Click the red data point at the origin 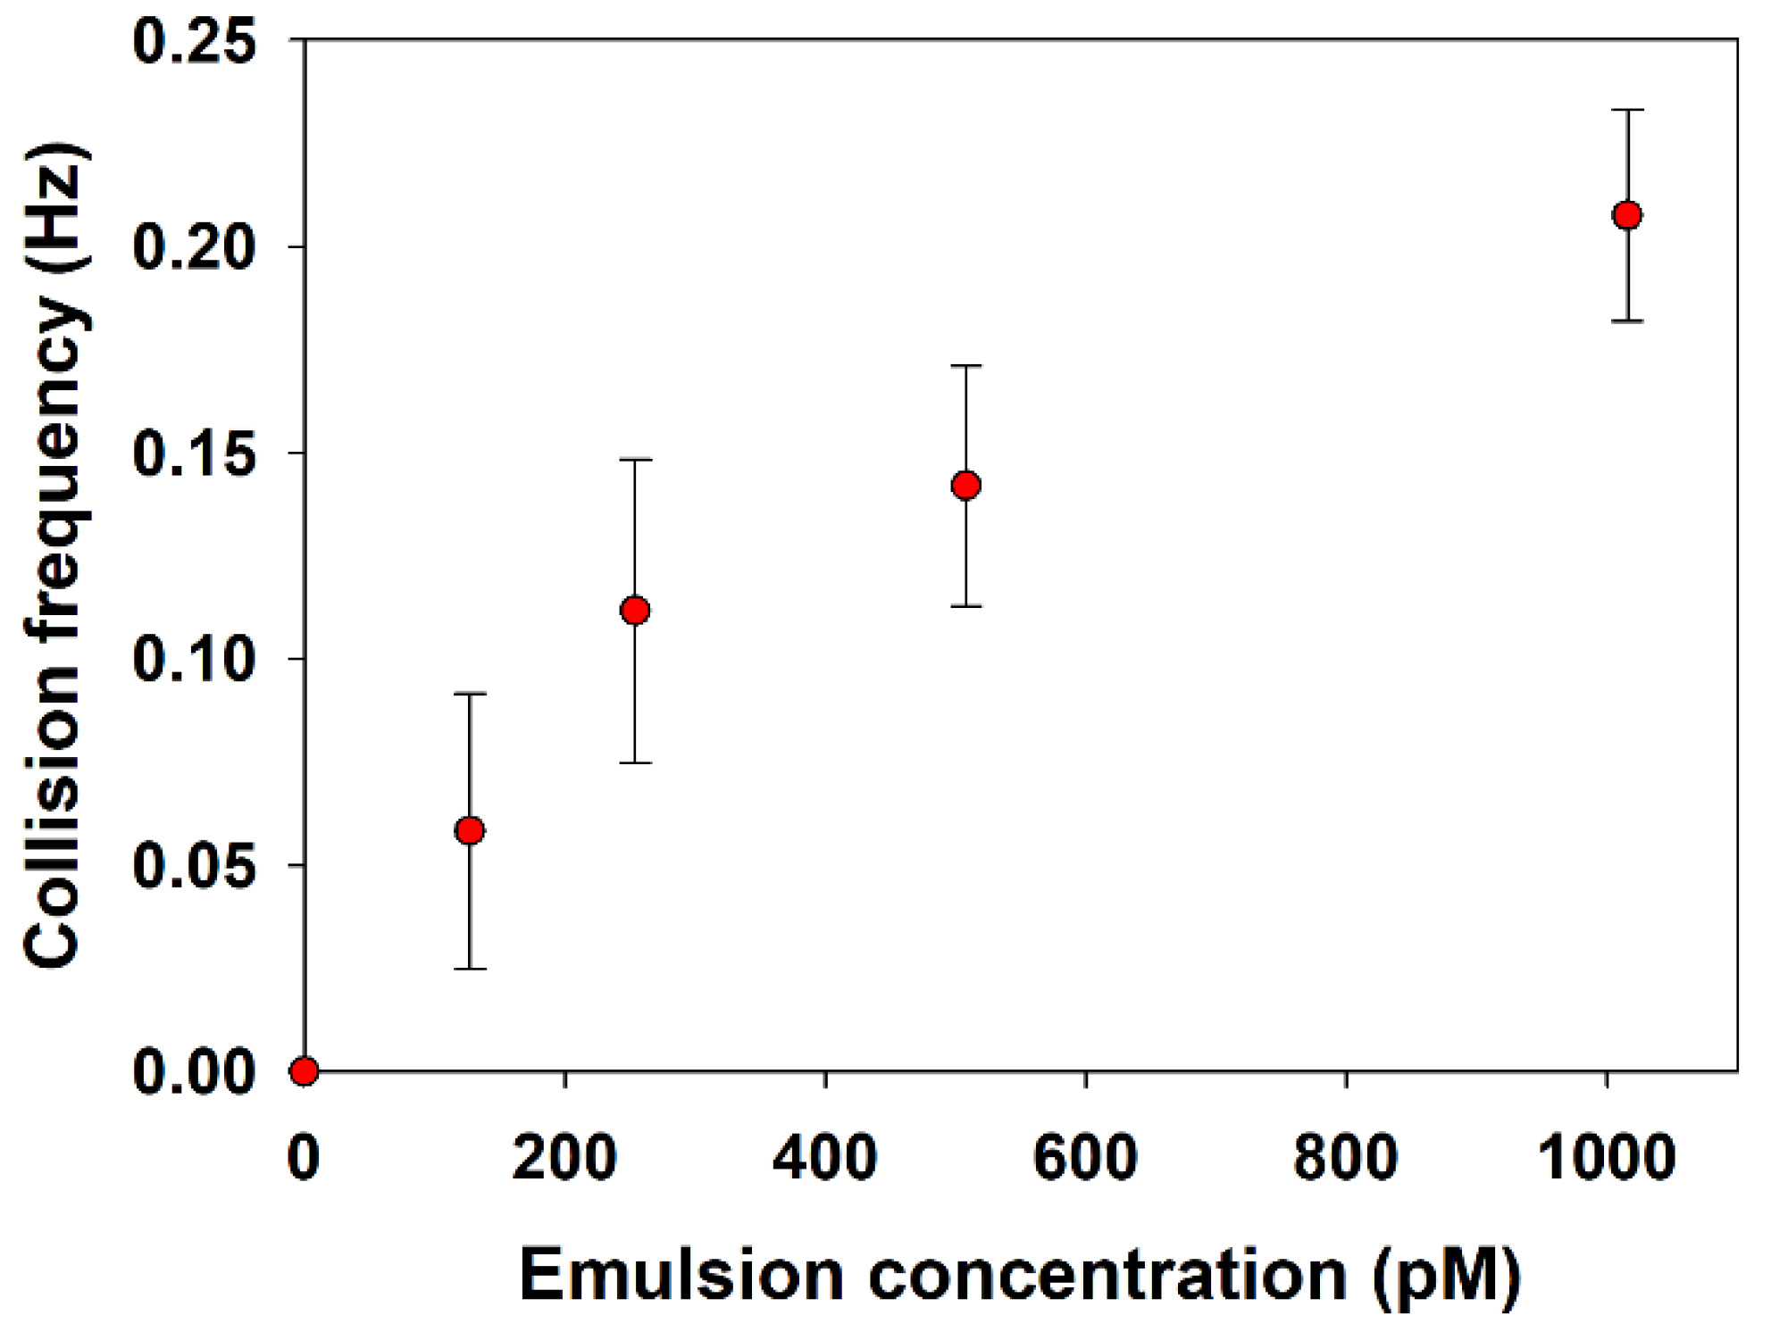click(x=304, y=1070)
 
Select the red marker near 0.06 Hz click(x=470, y=831)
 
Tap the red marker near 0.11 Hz click(x=635, y=611)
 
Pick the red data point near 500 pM click(x=965, y=486)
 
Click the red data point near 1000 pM click(x=1627, y=215)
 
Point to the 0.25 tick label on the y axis click(x=195, y=41)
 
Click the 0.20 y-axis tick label click(x=195, y=247)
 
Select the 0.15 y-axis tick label click(x=195, y=454)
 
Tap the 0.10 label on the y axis click(x=195, y=660)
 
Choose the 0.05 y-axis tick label click(x=195, y=866)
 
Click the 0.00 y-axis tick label click(x=195, y=1072)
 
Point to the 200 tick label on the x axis click(x=564, y=1158)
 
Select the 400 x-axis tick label click(x=824, y=1158)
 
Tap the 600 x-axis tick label click(x=1085, y=1158)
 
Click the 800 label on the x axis click(x=1345, y=1158)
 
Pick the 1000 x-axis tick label click(x=1606, y=1158)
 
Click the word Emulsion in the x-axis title click(x=681, y=1276)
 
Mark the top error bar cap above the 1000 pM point click(x=1627, y=110)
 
